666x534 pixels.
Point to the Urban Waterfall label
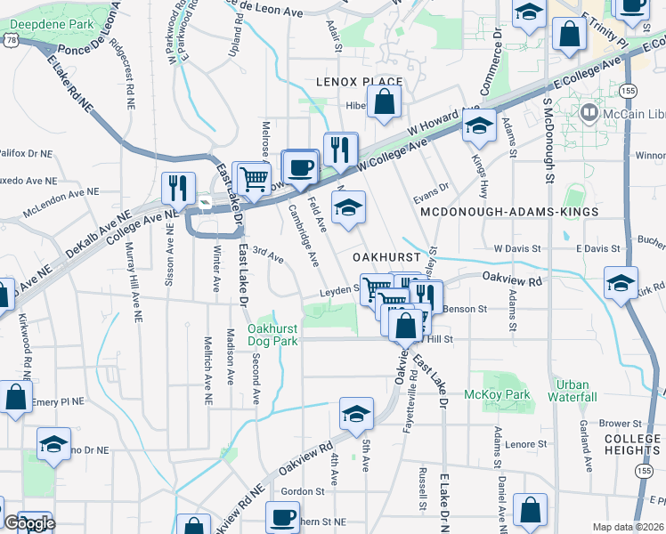click(x=573, y=390)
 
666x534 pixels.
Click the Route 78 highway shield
click(x=11, y=40)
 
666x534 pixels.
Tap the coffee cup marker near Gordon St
click(x=284, y=515)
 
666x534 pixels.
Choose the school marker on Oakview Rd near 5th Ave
click(x=356, y=413)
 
